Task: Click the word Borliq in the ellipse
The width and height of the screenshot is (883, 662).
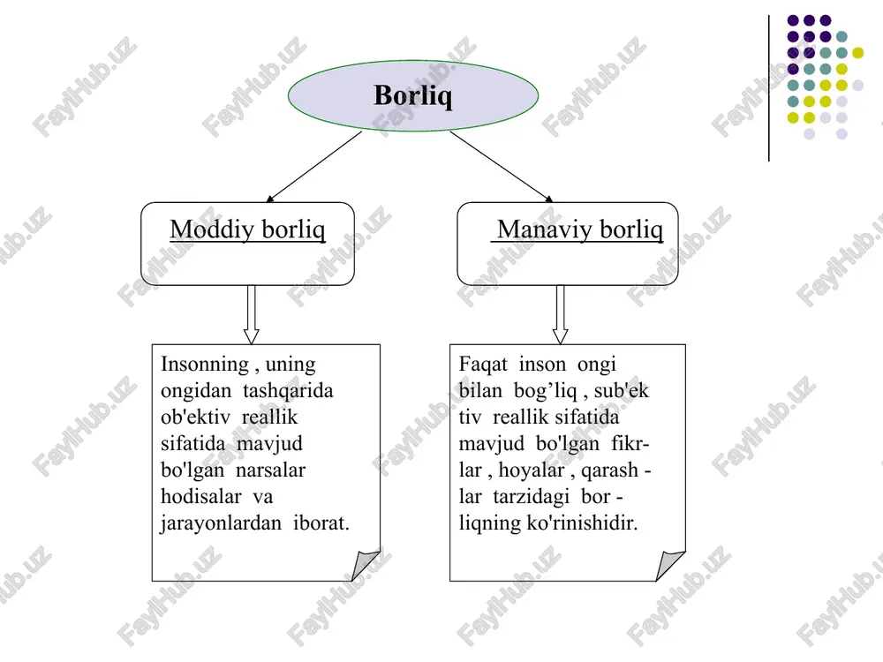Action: click(412, 95)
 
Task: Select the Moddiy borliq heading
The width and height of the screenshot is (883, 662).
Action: click(248, 229)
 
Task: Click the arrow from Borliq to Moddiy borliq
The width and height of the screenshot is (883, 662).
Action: click(313, 167)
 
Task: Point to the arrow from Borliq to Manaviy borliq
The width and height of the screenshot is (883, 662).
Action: click(502, 167)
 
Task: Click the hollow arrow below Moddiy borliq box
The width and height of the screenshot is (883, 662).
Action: click(251, 315)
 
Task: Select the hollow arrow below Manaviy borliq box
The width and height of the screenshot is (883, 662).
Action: click(561, 315)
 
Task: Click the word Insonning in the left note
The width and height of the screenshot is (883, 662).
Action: click(205, 365)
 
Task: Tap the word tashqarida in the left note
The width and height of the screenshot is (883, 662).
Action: click(288, 391)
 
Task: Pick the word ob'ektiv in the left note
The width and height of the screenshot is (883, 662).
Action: click(195, 418)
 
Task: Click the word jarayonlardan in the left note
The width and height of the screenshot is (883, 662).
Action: click(221, 523)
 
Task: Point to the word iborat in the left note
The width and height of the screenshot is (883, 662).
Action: click(321, 523)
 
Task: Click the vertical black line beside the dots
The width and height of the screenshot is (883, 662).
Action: click(769, 88)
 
